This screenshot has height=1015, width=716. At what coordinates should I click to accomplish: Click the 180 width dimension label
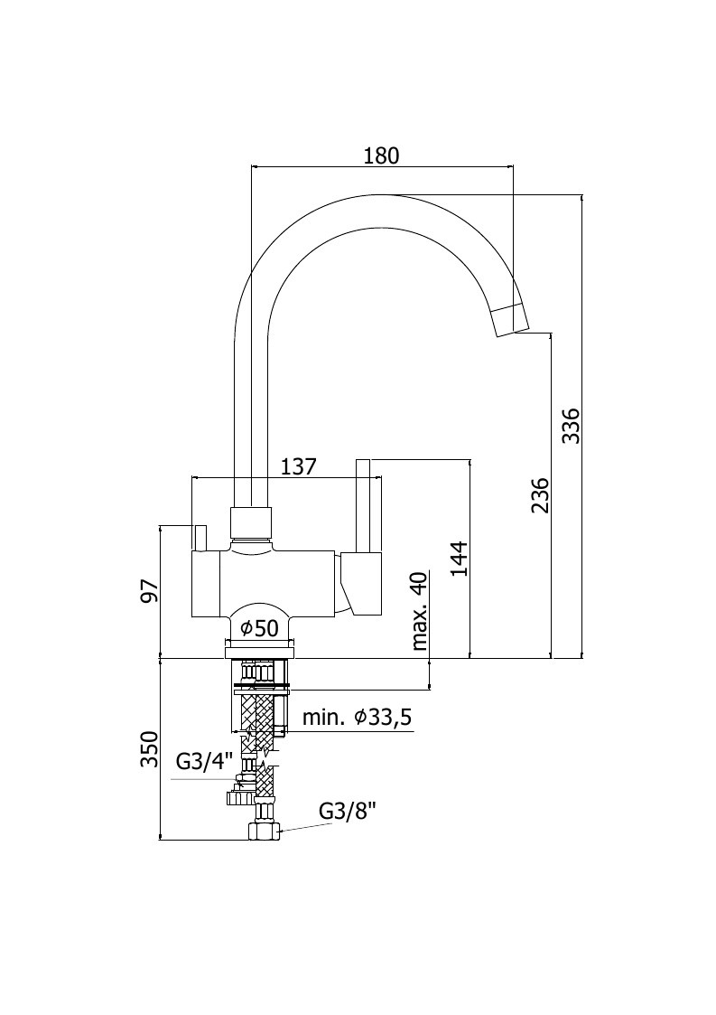pyautogui.click(x=382, y=155)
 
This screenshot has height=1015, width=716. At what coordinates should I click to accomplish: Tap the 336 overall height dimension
pyautogui.click(x=572, y=426)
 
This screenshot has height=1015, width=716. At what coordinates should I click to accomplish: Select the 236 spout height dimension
pyautogui.click(x=540, y=495)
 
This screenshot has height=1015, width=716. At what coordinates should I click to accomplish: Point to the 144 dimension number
pyautogui.click(x=459, y=559)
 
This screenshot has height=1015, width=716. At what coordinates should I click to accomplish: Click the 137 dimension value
pyautogui.click(x=298, y=466)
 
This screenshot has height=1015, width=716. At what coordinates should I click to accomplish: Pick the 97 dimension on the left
pyautogui.click(x=149, y=589)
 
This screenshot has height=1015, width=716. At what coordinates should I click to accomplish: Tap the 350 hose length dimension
pyautogui.click(x=149, y=749)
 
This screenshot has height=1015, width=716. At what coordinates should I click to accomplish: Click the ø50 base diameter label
pyautogui.click(x=259, y=628)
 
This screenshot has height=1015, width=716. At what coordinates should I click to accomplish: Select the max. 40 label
pyautogui.click(x=420, y=610)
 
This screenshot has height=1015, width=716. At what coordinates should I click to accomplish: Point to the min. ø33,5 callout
pyautogui.click(x=358, y=718)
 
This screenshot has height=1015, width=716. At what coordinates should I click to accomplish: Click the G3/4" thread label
pyautogui.click(x=204, y=762)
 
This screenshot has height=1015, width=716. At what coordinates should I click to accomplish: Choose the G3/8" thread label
pyautogui.click(x=348, y=811)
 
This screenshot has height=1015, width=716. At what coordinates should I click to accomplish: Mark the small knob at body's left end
pyautogui.click(x=200, y=540)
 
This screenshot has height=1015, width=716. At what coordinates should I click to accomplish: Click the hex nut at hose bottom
pyautogui.click(x=264, y=832)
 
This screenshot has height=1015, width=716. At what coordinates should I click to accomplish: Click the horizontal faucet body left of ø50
pyautogui.click(x=211, y=584)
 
